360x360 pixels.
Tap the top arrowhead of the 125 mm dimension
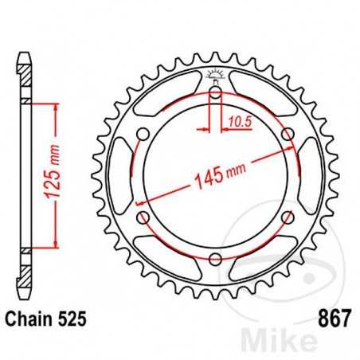click(x=56, y=106)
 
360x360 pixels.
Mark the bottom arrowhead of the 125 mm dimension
click(x=56, y=243)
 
